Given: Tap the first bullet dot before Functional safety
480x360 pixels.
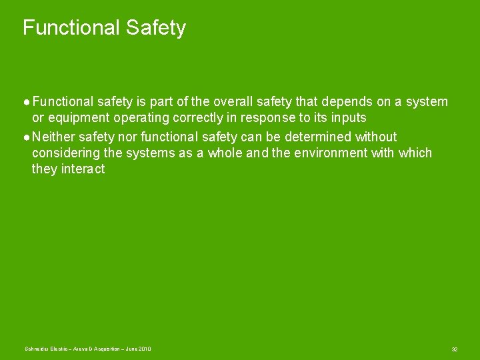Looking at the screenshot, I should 26,103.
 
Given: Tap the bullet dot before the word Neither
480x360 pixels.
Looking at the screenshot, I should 26,137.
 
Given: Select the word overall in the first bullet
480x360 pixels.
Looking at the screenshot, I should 230,102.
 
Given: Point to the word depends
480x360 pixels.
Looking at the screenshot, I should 345,102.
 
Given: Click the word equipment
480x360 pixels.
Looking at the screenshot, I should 79,118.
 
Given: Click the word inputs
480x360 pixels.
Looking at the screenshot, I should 347,118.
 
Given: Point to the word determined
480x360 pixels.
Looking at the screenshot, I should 317,137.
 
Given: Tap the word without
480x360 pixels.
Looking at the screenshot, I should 376,137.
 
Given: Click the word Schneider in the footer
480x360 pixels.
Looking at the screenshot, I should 36,349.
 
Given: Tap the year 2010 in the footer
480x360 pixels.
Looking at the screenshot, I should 145,349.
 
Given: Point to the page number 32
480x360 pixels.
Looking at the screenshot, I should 454,349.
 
